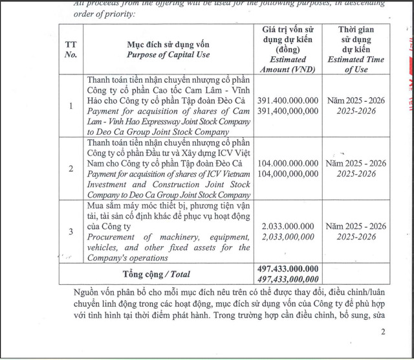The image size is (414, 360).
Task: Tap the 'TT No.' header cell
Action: point(71,49)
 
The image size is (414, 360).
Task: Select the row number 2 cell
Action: point(71,168)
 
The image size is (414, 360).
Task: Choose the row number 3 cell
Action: point(71,231)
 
